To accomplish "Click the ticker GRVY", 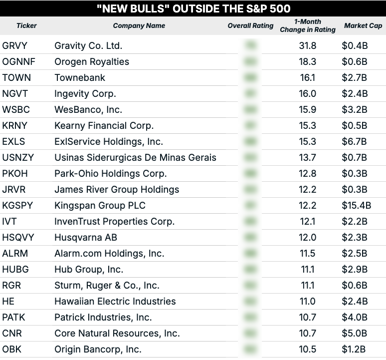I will (x=14, y=45).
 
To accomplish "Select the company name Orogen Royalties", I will (x=91, y=61).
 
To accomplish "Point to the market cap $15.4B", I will (x=356, y=205).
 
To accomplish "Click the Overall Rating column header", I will (x=250, y=25).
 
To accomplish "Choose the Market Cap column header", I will (x=363, y=25).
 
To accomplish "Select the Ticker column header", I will (x=26, y=25).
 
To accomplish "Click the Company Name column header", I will (x=139, y=25).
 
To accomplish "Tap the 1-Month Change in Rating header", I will (x=308, y=25).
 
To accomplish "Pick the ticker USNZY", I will (x=18, y=157).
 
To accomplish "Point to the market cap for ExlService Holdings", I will (x=355, y=141).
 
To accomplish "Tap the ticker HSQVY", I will (x=18, y=237).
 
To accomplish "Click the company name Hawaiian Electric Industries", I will (x=115, y=301).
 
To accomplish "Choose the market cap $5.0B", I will (x=355, y=333).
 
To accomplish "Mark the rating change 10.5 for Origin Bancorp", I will (x=308, y=349).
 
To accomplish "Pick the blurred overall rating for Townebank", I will (x=251, y=77).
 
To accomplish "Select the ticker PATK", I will (x=13, y=317).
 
